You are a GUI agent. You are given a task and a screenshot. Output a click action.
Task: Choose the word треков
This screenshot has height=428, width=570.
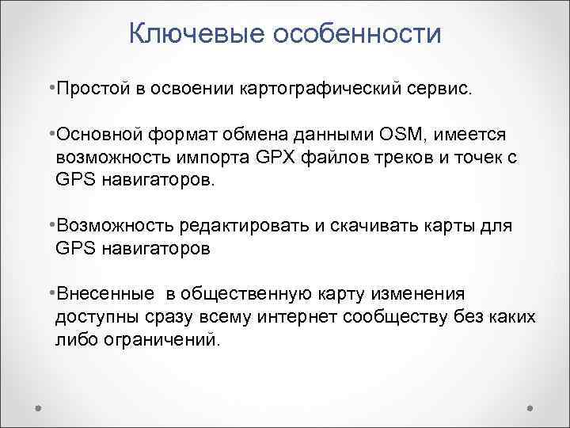pyautogui.click(x=419, y=158)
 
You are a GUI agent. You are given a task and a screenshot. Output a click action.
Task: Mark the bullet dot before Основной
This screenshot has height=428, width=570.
pyautogui.click(x=50, y=129)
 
